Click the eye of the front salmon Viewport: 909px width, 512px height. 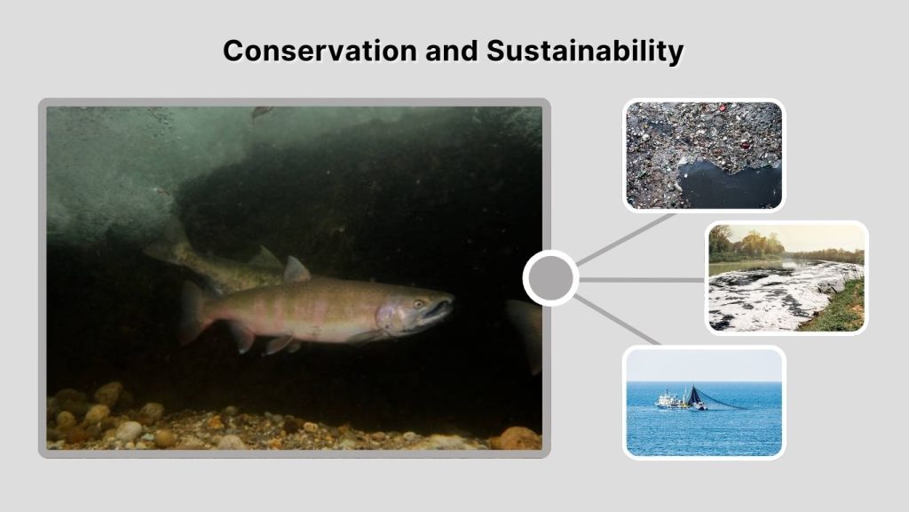click(418, 304)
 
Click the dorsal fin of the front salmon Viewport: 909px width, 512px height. click(296, 269)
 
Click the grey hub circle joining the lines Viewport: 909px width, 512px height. click(550, 278)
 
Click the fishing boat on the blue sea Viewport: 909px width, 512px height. click(671, 401)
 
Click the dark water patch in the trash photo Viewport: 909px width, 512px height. click(728, 183)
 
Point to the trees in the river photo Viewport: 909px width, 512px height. click(746, 243)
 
